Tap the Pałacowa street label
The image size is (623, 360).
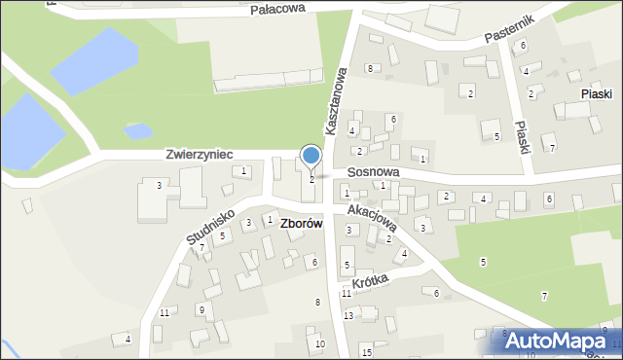(x=277, y=8)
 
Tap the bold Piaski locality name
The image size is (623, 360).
(x=595, y=93)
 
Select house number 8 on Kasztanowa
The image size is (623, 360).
(x=370, y=68)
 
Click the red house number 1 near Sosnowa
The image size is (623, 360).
(x=422, y=158)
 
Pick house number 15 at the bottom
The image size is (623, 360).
(x=366, y=351)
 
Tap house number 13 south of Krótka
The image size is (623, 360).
(x=348, y=316)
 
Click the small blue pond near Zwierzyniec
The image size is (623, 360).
(x=139, y=129)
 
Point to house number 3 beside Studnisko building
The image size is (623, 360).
(x=159, y=185)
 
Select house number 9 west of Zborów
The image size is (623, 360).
(x=201, y=309)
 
